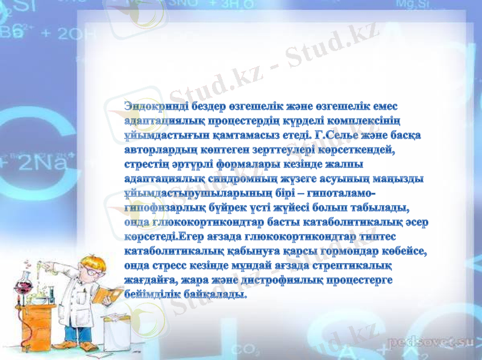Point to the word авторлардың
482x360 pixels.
click(161, 150)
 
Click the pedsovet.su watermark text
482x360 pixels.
click(432, 343)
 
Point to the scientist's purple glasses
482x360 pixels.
click(90, 270)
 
